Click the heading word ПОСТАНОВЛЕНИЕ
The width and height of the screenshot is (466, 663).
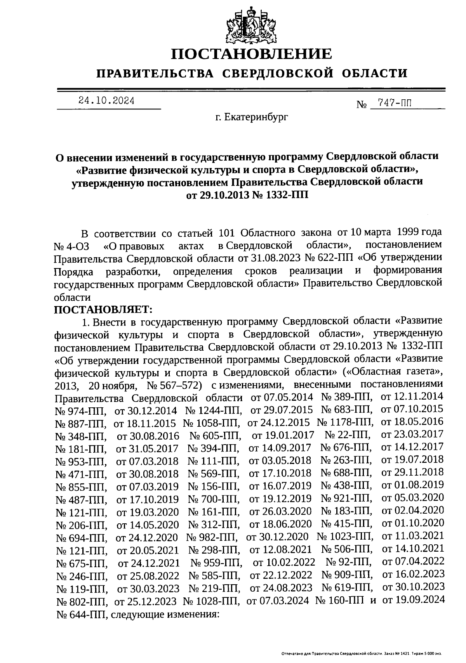(252, 54)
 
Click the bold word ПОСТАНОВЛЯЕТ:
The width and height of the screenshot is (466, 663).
(104, 309)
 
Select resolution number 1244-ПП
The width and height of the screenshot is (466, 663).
(219, 410)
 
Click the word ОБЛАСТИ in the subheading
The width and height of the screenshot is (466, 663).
(376, 73)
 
